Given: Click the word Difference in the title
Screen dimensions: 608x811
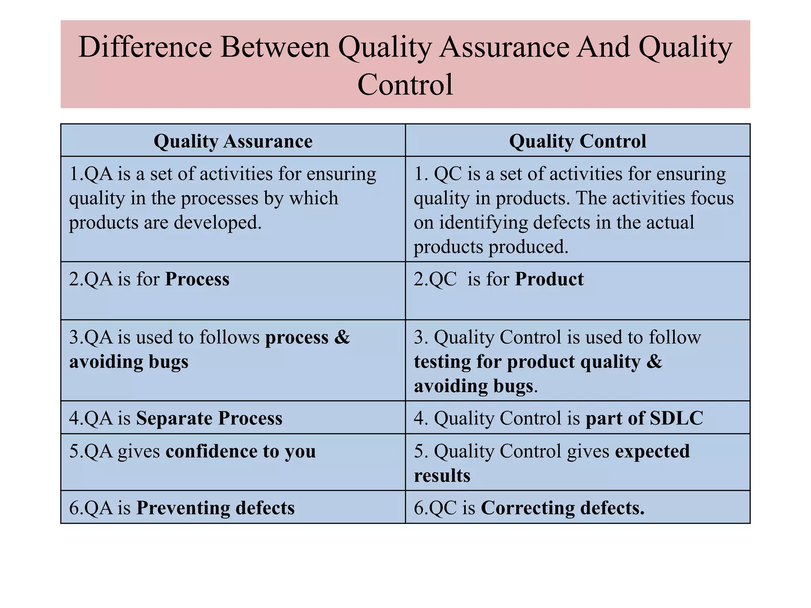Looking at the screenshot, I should (x=145, y=47).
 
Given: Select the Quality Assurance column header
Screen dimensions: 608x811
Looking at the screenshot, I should (x=233, y=141).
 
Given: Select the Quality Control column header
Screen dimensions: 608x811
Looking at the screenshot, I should (x=577, y=141).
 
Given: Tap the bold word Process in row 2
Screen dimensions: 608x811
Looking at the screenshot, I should (x=197, y=279).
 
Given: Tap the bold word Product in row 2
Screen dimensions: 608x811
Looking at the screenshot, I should (x=549, y=279).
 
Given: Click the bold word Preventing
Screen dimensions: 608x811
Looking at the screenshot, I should (x=183, y=508).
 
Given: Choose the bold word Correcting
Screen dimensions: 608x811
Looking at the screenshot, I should (x=527, y=508).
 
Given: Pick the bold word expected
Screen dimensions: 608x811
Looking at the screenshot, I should (x=652, y=451).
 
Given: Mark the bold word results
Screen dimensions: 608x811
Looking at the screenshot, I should (x=442, y=475).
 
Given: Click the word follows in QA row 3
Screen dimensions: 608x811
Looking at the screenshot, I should (x=229, y=337).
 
